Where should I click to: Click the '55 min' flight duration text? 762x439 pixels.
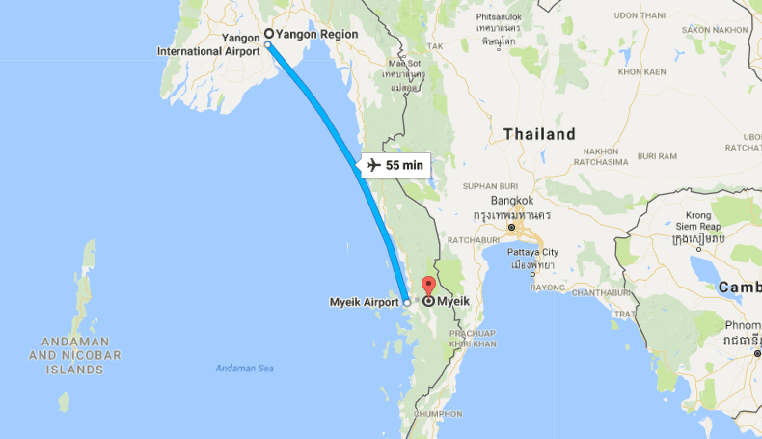coord(404,165)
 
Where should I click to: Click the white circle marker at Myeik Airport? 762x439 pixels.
coord(407,302)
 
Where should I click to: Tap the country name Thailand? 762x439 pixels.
coord(539,134)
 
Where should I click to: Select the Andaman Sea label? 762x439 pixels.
coord(244,369)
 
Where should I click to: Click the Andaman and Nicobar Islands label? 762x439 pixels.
coord(82,355)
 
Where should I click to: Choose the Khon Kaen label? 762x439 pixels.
coord(642,71)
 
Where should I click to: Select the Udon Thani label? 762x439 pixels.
coord(640,15)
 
